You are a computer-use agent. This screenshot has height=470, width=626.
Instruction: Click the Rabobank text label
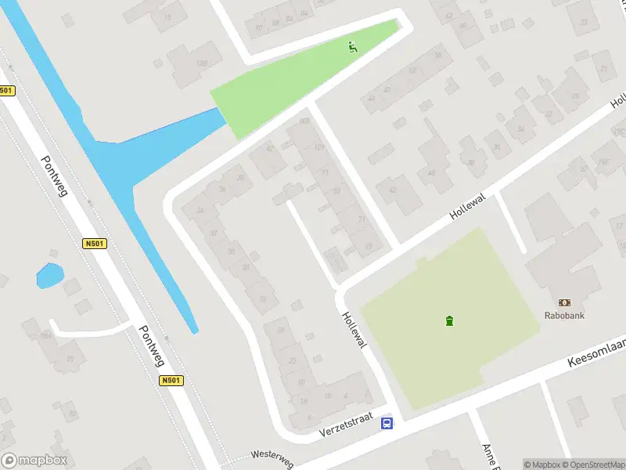[564, 316]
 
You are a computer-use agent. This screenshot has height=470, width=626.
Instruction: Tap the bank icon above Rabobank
[564, 302]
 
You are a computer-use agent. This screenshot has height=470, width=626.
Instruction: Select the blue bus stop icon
[387, 424]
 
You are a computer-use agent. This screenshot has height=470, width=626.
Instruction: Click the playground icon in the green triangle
[353, 47]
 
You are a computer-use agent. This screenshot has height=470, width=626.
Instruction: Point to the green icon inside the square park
[449, 320]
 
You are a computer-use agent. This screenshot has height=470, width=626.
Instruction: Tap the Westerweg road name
[272, 458]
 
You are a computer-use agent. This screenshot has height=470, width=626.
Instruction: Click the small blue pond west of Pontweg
[49, 276]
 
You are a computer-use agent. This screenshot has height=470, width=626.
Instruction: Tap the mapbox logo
[34, 461]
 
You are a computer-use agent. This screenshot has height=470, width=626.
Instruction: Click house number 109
[304, 121]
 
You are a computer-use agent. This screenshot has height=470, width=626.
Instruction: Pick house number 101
[318, 148]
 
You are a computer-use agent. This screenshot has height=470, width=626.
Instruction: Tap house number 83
[336, 190]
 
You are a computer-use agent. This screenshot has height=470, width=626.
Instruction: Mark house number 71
[361, 219]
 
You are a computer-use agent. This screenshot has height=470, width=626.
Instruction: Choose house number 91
[325, 171]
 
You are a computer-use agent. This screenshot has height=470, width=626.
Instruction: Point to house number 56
[438, 55]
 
